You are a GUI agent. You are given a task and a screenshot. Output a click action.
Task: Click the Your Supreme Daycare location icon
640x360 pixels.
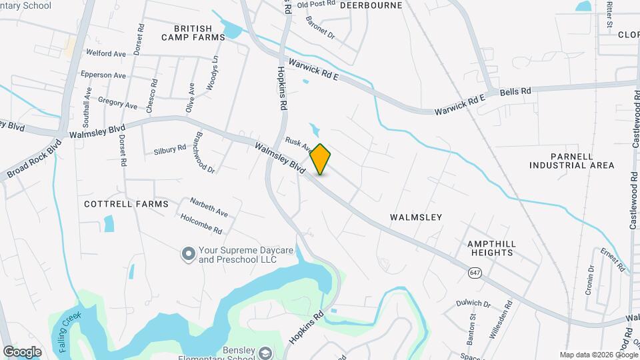tap(189, 253)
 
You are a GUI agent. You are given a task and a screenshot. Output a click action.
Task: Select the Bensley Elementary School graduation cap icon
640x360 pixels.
tap(265, 353)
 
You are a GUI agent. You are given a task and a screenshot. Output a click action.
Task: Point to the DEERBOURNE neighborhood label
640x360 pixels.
tap(371, 5)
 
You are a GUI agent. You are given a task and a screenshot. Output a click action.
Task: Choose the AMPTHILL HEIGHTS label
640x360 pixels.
tap(491, 248)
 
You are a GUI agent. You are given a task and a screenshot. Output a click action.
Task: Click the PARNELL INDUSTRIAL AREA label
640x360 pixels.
tap(571, 160)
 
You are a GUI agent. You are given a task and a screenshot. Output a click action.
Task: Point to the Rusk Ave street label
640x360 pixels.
tap(299, 143)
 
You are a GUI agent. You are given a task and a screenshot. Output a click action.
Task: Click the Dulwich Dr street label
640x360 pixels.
tap(474, 303)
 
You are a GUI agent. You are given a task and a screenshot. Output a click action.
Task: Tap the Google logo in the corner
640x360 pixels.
tap(22, 351)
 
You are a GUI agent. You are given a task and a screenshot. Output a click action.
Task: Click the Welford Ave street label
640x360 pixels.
tap(106, 53)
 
